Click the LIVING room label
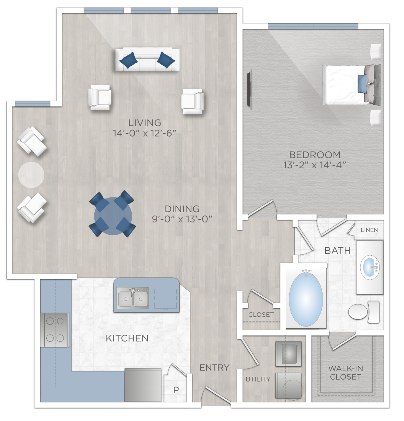pos(145,123)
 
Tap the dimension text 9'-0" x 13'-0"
pos(182,219)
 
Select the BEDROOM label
pos(315,155)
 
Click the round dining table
pos(113,216)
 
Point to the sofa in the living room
pos(147,59)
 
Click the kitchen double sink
pos(133,298)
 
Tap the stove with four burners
pos(55,330)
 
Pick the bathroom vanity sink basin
pos(370,267)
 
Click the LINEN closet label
pos(369,230)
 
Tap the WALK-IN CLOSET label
pos(346,373)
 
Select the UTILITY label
pos(258,379)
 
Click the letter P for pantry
pos(176,390)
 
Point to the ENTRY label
pos(215,368)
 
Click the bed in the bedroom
pos(347,85)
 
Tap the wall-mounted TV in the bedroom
pos(249,89)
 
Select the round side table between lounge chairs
pos(31,175)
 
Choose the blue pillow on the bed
pos(362,83)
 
